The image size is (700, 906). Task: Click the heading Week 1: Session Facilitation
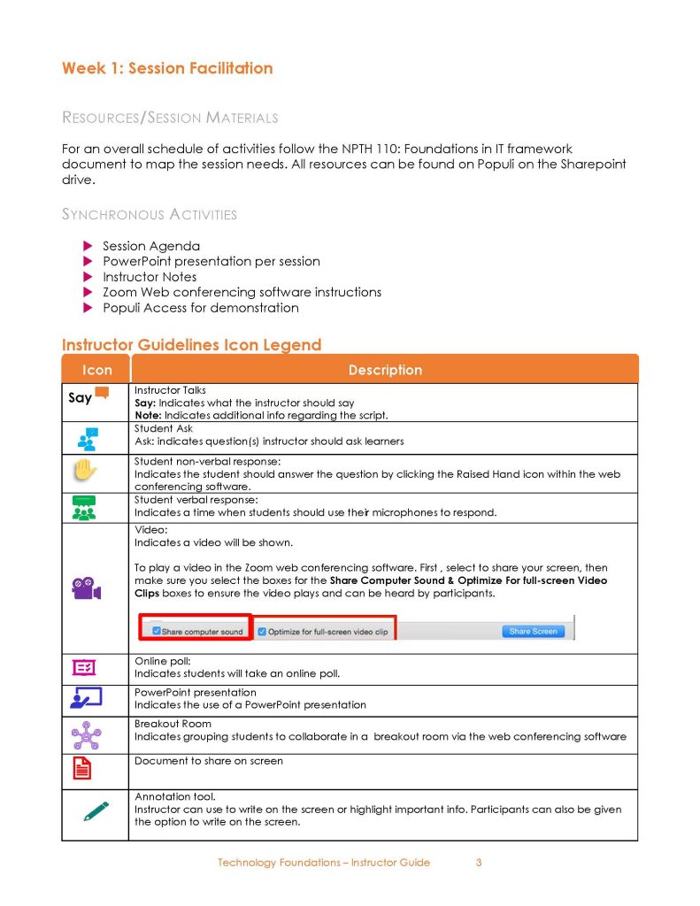[x=167, y=68]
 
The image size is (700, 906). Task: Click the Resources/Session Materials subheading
[x=170, y=118]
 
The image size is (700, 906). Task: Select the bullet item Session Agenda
[x=151, y=246]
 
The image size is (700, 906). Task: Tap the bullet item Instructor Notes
[x=150, y=277]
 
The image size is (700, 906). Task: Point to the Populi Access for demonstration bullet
[x=201, y=308]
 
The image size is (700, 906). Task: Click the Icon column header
[x=96, y=370]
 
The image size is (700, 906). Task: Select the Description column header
[x=385, y=370]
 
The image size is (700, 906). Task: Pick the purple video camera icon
[x=86, y=588]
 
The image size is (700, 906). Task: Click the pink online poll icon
[x=86, y=668]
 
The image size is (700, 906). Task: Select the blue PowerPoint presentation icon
[x=86, y=699]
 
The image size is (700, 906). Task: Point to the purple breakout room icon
[x=86, y=734]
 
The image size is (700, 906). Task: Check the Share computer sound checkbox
[x=157, y=632]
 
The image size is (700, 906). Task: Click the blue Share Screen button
[x=533, y=631]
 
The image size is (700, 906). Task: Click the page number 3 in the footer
[x=479, y=863]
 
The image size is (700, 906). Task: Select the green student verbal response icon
[x=86, y=507]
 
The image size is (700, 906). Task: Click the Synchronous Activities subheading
[x=150, y=214]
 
